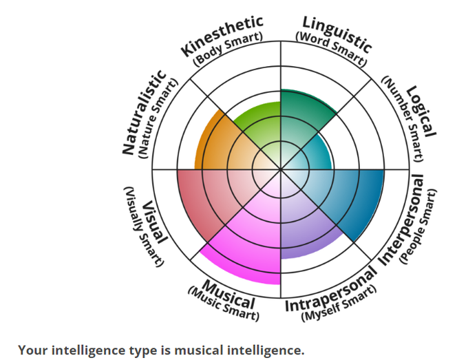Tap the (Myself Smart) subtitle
click(x=340, y=304)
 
